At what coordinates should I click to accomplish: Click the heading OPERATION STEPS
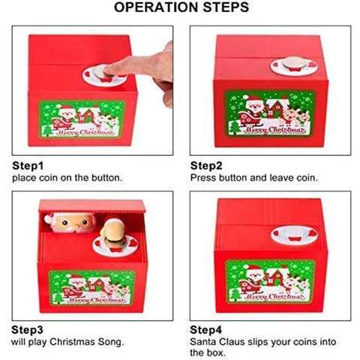click(x=179, y=10)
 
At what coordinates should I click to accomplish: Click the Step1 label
click(x=28, y=165)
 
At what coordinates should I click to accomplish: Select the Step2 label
click(x=205, y=165)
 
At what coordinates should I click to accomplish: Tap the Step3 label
click(x=28, y=328)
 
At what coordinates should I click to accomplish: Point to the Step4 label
click(x=205, y=328)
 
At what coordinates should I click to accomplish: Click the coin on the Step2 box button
click(x=289, y=64)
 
